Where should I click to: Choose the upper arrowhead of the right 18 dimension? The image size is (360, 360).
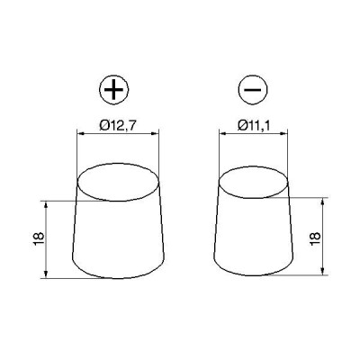coord(321,202)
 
